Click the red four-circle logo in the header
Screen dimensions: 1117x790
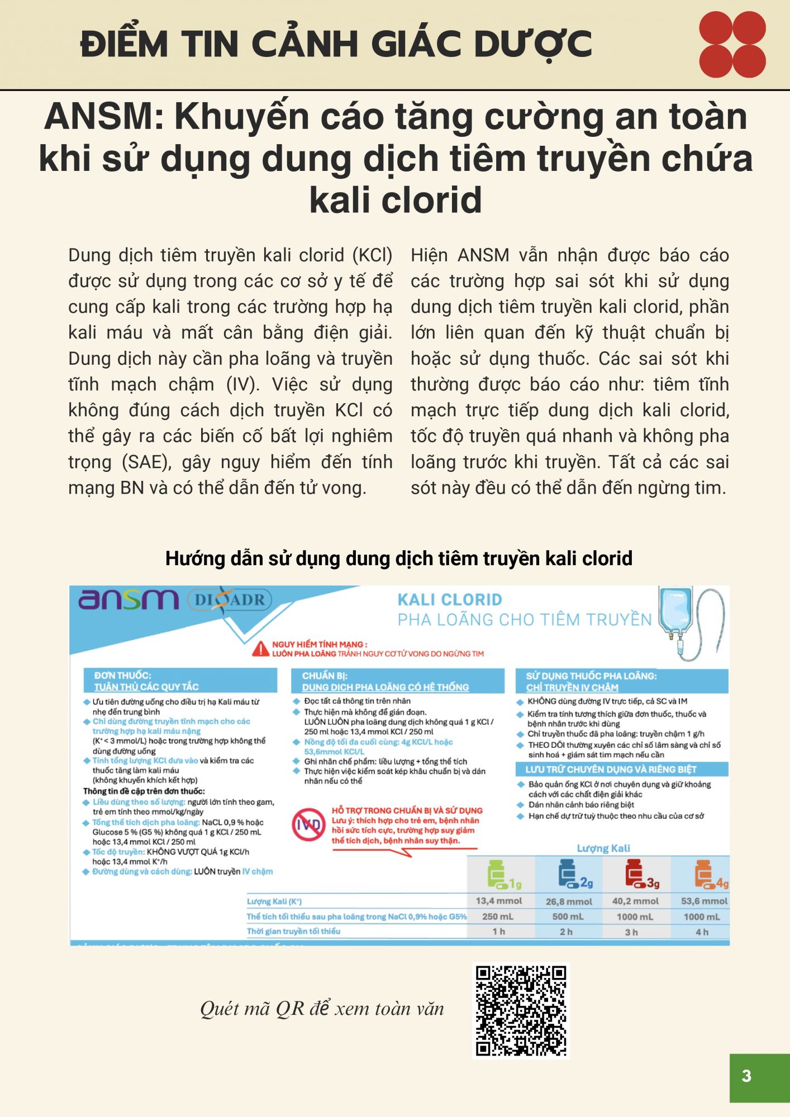[732, 44]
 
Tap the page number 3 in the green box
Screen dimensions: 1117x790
[746, 1076]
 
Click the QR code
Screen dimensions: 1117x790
[521, 1011]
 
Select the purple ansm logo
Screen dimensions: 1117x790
[129, 600]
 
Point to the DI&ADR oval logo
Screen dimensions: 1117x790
[230, 600]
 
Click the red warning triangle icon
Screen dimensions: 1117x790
[261, 649]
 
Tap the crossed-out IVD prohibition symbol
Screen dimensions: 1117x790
[308, 825]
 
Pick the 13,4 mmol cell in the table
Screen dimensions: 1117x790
[498, 901]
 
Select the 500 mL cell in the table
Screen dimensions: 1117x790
[568, 916]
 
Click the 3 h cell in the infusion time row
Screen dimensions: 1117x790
[631, 932]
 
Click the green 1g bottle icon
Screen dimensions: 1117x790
[499, 875]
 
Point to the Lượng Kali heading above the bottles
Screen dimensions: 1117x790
[603, 848]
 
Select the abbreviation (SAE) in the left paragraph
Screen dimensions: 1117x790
[146, 462]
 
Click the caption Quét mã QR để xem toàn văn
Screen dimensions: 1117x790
[322, 1009]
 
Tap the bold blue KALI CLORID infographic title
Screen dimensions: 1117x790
[450, 600]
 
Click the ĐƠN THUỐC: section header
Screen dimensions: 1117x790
[122, 675]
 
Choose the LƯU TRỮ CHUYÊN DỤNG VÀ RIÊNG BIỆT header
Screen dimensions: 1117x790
[611, 770]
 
